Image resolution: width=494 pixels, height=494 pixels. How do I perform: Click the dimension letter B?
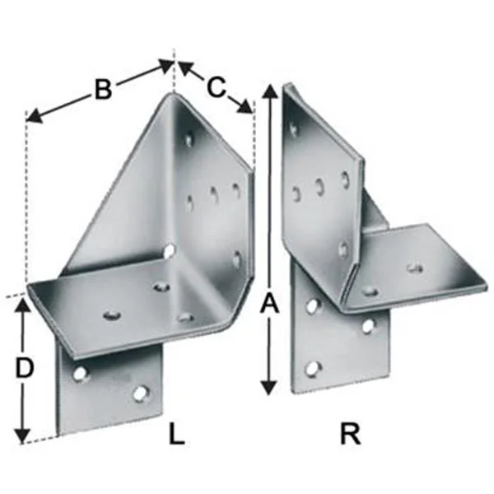pyautogui.click(x=103, y=90)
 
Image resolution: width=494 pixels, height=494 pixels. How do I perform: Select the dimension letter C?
pyautogui.click(x=217, y=86)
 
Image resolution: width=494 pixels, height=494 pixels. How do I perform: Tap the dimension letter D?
pyautogui.click(x=24, y=368)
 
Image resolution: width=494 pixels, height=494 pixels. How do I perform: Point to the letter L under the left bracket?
pyautogui.click(x=177, y=435)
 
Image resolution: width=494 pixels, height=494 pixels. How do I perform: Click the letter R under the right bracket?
pyautogui.click(x=351, y=435)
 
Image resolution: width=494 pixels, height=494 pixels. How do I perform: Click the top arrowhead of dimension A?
pyautogui.click(x=270, y=91)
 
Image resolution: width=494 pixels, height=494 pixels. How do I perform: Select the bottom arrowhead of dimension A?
pyautogui.click(x=269, y=387)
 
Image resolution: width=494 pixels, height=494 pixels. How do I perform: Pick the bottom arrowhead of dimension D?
pyautogui.click(x=23, y=436)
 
